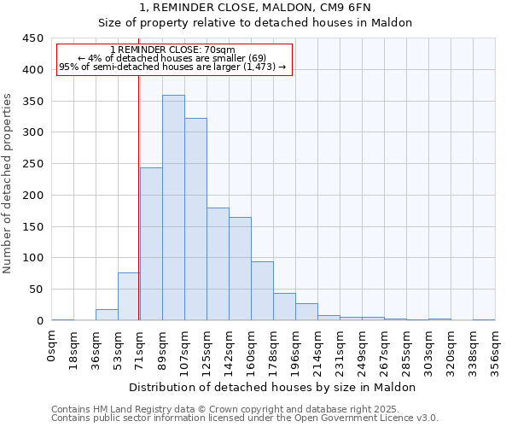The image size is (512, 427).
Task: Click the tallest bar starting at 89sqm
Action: tap(173, 208)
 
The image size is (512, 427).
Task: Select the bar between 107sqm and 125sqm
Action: tap(195, 219)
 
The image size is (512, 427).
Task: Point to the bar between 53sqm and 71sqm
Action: tap(129, 296)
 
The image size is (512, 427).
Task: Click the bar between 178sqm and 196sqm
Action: tap(284, 307)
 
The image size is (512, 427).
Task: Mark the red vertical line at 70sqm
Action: tap(138, 196)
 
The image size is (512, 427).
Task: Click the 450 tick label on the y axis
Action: tap(33, 38)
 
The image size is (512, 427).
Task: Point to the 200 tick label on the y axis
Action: tap(33, 196)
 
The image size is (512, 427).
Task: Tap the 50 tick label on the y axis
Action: tap(36, 290)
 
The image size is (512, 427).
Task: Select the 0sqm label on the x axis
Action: tap(52, 346)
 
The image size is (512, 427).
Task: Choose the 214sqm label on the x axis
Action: tap(317, 351)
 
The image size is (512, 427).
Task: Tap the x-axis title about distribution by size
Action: tap(272, 387)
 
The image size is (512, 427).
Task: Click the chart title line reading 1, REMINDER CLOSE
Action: tap(255, 8)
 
